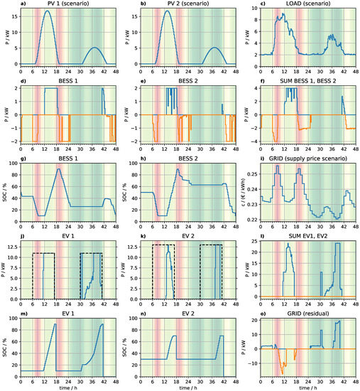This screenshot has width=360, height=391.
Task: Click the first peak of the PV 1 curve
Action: [x=47, y=11]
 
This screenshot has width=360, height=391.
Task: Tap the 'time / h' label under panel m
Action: [x=62, y=386]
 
